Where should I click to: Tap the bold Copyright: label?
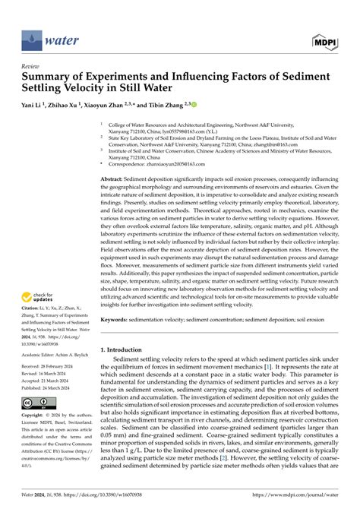coord(36,437)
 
